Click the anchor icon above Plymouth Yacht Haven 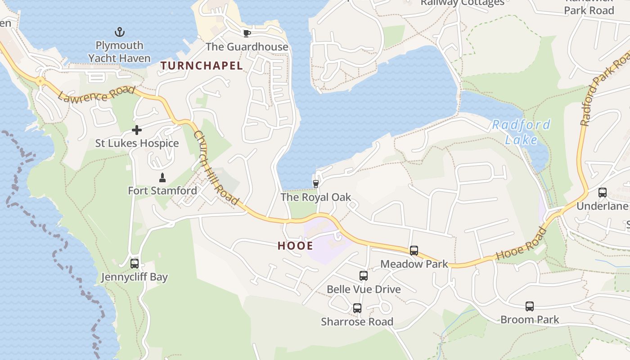(119, 32)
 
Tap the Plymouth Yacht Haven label (119, 52)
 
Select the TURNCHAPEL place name (202, 66)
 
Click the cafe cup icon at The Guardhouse (247, 33)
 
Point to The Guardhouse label (247, 47)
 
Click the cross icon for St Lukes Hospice (137, 130)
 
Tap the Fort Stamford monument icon (162, 177)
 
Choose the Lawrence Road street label (96, 94)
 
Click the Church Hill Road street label (216, 167)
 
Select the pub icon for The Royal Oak (316, 184)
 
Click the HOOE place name (295, 246)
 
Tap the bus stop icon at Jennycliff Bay (134, 264)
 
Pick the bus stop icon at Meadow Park (414, 251)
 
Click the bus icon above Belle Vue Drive (363, 276)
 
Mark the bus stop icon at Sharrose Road (357, 308)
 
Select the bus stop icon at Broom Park (530, 306)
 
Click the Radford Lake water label (521, 132)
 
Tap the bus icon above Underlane (602, 193)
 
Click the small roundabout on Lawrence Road (40, 81)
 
